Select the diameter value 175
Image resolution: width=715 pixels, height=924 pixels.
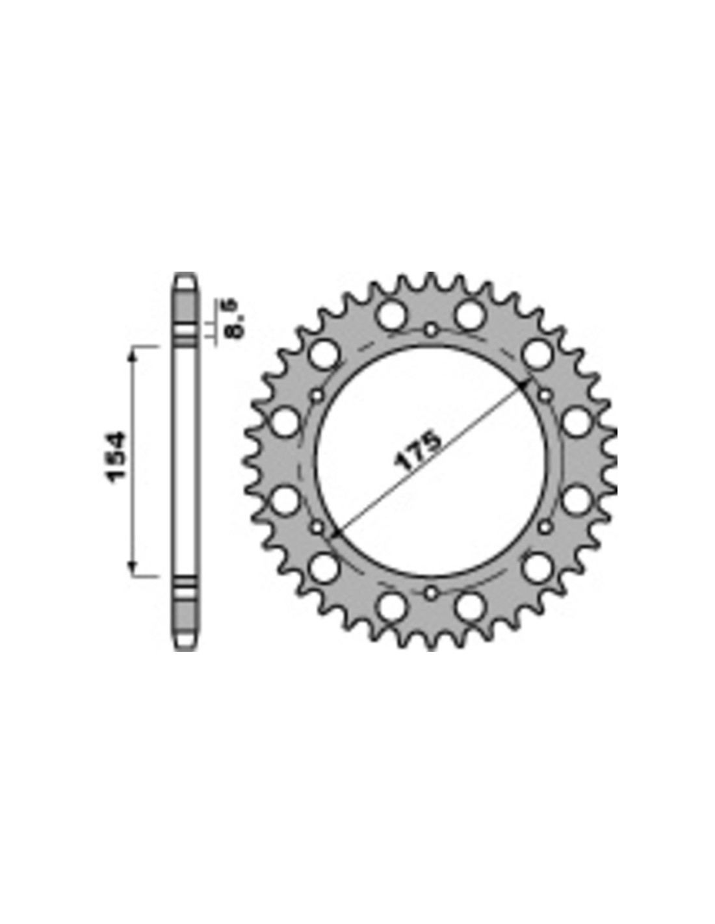pyautogui.click(x=418, y=451)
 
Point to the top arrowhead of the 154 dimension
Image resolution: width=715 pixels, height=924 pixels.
pyautogui.click(x=133, y=352)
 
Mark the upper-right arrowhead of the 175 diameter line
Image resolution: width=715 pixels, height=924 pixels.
pyautogui.click(x=523, y=385)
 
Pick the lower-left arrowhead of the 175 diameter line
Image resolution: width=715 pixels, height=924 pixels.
pyautogui.click(x=337, y=532)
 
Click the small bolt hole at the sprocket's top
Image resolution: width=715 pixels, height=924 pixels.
pyautogui.click(x=431, y=329)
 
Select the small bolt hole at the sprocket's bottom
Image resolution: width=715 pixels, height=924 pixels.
pyautogui.click(x=431, y=593)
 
